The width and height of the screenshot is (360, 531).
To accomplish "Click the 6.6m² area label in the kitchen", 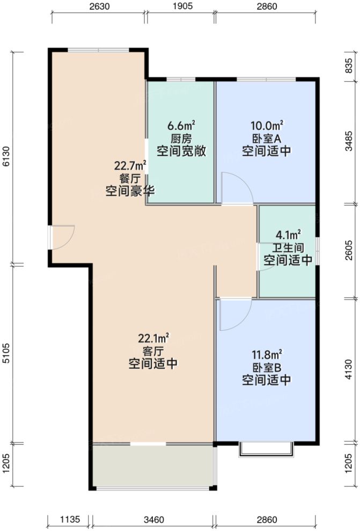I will [x=181, y=126].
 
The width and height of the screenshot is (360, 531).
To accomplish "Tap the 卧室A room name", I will [x=266, y=139].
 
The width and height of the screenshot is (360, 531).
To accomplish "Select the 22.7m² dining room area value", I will [x=130, y=165].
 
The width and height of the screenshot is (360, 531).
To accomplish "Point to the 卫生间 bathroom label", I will [x=288, y=248].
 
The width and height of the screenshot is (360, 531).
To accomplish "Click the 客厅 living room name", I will [x=153, y=351].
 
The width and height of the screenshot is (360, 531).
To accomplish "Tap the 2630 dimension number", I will [x=98, y=7].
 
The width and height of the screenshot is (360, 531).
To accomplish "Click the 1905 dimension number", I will [x=181, y=7].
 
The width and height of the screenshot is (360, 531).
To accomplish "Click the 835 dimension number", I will [x=349, y=66].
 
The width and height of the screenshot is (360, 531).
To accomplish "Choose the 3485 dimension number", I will [x=349, y=142].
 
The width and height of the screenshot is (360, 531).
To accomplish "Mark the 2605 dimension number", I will [x=349, y=250].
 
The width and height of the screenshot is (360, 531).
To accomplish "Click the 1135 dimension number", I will [x=70, y=519].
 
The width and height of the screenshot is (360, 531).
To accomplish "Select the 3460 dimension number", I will [x=153, y=519].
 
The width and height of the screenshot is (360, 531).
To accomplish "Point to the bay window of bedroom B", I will [x=266, y=450].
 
